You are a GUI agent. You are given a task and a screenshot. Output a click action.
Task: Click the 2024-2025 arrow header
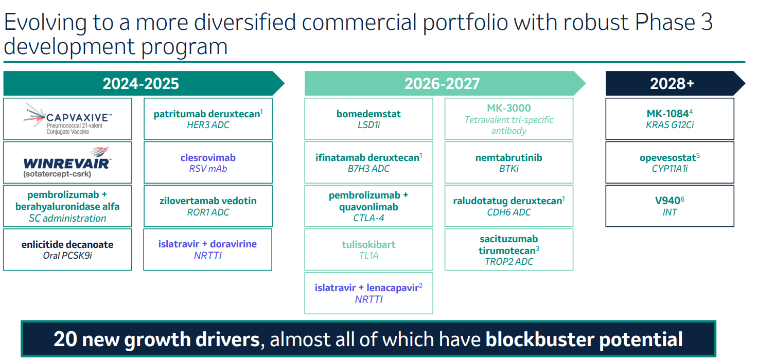[x=141, y=83]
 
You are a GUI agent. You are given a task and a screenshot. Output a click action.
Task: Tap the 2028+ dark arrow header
[x=672, y=83]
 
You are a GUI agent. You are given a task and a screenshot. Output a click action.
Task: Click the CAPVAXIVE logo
[x=68, y=118]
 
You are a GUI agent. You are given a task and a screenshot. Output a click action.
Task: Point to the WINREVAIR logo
[x=67, y=162]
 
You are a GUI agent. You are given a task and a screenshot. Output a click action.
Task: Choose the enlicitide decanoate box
[x=67, y=249]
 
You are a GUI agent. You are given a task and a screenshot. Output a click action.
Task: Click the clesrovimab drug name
[x=208, y=157]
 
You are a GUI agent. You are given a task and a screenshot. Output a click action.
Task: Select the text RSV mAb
[x=208, y=168]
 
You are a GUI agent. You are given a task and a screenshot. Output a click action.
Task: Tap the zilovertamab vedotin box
[x=208, y=206]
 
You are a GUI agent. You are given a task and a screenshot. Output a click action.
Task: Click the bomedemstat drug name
[x=368, y=114]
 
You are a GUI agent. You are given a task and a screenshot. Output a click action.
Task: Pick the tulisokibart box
[x=368, y=249]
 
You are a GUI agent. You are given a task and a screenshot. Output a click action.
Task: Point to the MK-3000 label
[x=509, y=108]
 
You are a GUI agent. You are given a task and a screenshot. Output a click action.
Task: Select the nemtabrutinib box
[x=509, y=163]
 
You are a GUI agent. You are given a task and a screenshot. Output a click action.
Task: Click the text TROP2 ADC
[x=509, y=262]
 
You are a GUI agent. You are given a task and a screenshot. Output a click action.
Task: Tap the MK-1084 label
[x=668, y=114]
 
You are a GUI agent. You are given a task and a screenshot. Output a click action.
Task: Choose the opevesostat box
[x=670, y=163]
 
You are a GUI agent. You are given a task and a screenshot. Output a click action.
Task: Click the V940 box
[x=670, y=206]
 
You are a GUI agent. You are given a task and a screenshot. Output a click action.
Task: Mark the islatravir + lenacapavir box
[x=368, y=293]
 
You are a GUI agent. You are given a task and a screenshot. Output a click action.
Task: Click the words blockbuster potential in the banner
[x=584, y=339]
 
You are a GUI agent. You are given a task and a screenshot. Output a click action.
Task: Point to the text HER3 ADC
[x=208, y=125]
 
